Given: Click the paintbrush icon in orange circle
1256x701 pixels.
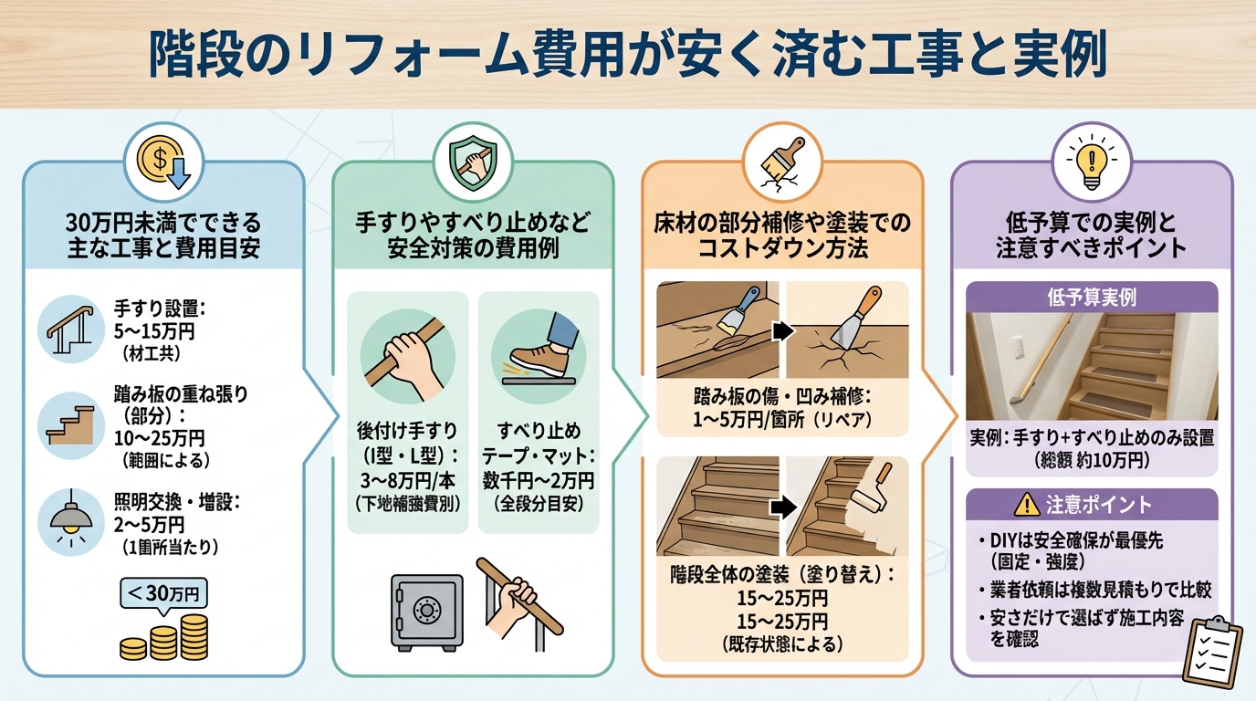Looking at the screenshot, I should pos(781,162).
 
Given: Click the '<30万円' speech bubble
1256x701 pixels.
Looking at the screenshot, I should pos(163,593).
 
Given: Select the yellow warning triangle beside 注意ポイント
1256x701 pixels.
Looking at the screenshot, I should pos(1026,504).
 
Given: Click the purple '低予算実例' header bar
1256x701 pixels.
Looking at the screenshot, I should pos(1091,298).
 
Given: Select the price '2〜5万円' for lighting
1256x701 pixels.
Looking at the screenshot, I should pos(150,525).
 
